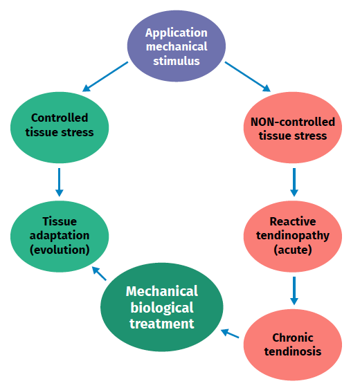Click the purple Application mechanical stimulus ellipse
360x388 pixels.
[177, 46]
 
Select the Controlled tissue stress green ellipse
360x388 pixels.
[60, 127]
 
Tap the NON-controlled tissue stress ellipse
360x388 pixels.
[293, 127]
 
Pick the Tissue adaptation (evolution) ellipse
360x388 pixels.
[60, 237]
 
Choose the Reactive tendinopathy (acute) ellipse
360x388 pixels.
[293, 237]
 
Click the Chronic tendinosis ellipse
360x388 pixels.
[293, 344]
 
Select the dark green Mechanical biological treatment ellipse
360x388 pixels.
[162, 307]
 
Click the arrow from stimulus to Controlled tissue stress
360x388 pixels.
[105, 77]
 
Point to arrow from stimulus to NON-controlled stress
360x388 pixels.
[248, 77]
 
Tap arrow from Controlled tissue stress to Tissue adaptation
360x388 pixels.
[60, 183]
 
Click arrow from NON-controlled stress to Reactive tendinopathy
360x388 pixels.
[294, 183]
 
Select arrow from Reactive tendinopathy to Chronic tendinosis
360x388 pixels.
[294, 290]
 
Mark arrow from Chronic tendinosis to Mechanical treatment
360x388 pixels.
[230, 333]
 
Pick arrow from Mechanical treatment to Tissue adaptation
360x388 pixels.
[99, 273]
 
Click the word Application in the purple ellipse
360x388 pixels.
[177, 33]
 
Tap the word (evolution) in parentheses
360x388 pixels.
[60, 250]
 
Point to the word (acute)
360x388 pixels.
[293, 250]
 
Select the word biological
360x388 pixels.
[162, 308]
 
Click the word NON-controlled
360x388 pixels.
[293, 122]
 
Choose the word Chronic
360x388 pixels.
[293, 338]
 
